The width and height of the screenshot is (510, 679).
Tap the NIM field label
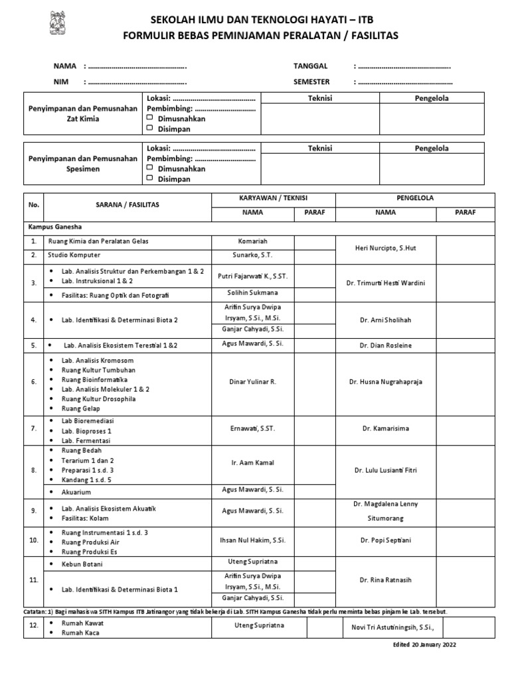click(x=61, y=82)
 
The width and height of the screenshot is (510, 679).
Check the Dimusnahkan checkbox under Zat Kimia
click(x=150, y=119)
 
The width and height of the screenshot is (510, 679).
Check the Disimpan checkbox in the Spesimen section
click(x=150, y=178)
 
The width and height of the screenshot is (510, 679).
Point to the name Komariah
click(x=252, y=241)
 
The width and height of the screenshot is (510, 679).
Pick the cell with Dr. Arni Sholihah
click(x=385, y=320)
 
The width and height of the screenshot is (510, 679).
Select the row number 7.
click(x=34, y=429)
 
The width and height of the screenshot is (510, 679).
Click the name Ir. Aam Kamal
click(x=252, y=462)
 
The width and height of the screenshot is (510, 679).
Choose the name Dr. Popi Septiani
click(x=385, y=540)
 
